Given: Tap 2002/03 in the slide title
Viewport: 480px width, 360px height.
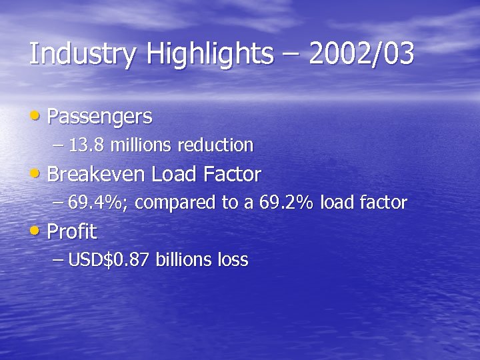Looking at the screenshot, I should [x=361, y=54].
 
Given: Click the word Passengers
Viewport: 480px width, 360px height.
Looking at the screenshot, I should [x=99, y=117].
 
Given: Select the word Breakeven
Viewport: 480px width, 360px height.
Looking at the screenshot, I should [x=96, y=175].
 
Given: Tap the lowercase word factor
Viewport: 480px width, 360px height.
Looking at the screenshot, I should [x=382, y=203].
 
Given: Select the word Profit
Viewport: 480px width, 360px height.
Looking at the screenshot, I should [x=71, y=233].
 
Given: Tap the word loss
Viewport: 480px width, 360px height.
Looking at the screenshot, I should [x=233, y=260].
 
